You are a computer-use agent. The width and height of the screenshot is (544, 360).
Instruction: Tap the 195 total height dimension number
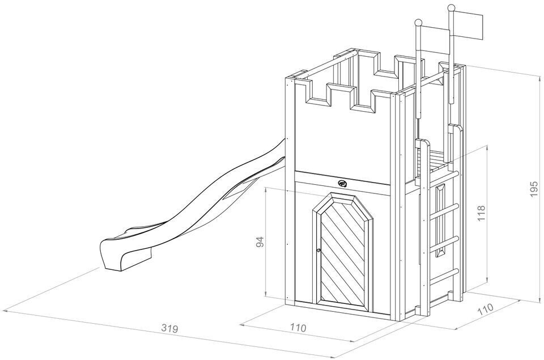pos(534,189)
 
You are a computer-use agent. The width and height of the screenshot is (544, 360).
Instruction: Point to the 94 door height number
pos(260,242)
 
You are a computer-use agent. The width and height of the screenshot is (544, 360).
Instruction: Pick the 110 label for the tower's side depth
pos(484,312)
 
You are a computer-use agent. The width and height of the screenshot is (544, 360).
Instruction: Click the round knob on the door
pos(319,251)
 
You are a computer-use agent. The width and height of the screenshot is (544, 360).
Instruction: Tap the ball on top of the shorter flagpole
pos(418,23)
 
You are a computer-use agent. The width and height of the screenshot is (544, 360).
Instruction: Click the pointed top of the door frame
pos(343,196)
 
